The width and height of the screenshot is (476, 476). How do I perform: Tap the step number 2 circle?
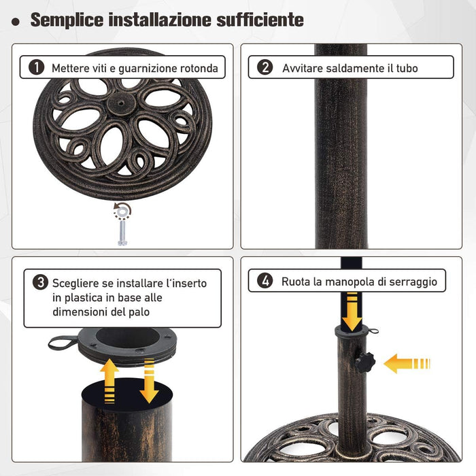(265, 67)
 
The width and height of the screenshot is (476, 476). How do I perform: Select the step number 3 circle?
(40, 283)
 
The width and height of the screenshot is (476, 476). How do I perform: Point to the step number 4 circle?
(265, 280)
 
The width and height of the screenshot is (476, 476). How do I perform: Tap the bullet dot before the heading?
(15, 22)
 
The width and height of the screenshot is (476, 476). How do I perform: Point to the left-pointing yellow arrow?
(406, 363)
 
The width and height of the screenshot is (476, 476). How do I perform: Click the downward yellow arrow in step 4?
(352, 311)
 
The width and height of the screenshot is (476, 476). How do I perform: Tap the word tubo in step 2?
(405, 68)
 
